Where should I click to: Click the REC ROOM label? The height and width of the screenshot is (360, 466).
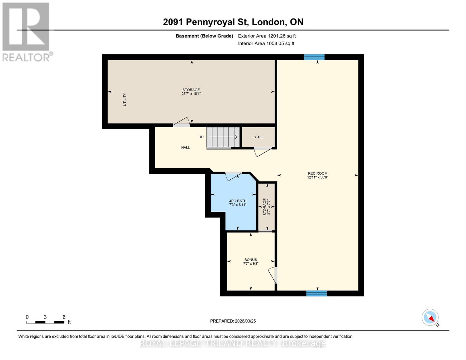pyautogui.click(x=317, y=173)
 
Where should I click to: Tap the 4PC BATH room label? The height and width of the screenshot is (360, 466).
pyautogui.click(x=238, y=201)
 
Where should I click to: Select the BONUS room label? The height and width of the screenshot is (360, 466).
pyautogui.click(x=251, y=260)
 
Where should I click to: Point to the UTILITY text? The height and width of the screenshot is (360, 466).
pyautogui.click(x=125, y=100)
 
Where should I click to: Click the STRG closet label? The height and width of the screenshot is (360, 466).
pyautogui.click(x=258, y=137)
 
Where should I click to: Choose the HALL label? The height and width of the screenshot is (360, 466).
pyautogui.click(x=185, y=148)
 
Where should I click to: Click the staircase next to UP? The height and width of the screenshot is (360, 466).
pyautogui.click(x=223, y=137)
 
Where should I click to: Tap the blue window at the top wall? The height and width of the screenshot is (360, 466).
pyautogui.click(x=314, y=57)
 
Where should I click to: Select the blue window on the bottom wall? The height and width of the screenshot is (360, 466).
pyautogui.click(x=316, y=293)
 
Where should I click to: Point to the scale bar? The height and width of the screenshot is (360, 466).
pyautogui.click(x=45, y=322)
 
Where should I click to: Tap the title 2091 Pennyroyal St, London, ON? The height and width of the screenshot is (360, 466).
pyautogui.click(x=233, y=22)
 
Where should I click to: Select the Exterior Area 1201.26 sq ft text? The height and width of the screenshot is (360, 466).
pyautogui.click(x=267, y=36)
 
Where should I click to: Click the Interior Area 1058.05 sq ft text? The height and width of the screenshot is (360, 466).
pyautogui.click(x=266, y=43)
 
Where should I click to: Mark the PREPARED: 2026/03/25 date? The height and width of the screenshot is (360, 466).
pyautogui.click(x=233, y=321)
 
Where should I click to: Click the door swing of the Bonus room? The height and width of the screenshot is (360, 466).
pyautogui.click(x=272, y=275)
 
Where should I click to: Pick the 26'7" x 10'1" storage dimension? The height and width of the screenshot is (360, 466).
pyautogui.click(x=191, y=94)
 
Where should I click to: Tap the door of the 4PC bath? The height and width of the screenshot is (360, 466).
pyautogui.click(x=233, y=176)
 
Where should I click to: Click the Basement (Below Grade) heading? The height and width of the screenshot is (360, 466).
pyautogui.click(x=204, y=36)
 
